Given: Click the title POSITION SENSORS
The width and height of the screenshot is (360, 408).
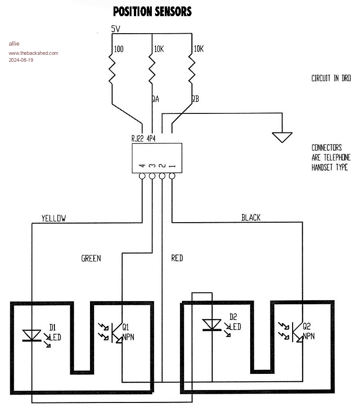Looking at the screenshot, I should (x=152, y=12).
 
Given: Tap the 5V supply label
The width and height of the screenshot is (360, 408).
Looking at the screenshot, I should (x=116, y=29).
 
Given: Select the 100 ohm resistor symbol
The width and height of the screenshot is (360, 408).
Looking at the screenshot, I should (x=112, y=69).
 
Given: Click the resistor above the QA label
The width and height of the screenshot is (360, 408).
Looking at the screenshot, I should (x=152, y=69).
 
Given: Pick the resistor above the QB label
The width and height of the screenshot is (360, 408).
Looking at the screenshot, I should (x=191, y=69).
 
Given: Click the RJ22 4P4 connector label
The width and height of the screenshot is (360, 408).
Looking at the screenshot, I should (x=144, y=138).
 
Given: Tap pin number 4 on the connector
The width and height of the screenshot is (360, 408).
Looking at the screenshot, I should (x=143, y=165).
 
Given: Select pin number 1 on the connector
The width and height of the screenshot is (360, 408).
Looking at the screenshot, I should (x=172, y=165).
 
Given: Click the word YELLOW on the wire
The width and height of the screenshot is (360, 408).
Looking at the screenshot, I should (x=54, y=218).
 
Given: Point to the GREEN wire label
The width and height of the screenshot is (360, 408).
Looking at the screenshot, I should (x=91, y=258).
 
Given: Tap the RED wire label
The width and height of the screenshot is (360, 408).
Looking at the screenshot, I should (x=177, y=258).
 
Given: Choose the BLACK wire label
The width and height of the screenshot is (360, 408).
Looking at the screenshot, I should (x=251, y=218).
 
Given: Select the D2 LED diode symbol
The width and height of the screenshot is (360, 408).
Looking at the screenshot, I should (x=212, y=325).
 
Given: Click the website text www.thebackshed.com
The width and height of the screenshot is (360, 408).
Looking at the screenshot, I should (x=33, y=53).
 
